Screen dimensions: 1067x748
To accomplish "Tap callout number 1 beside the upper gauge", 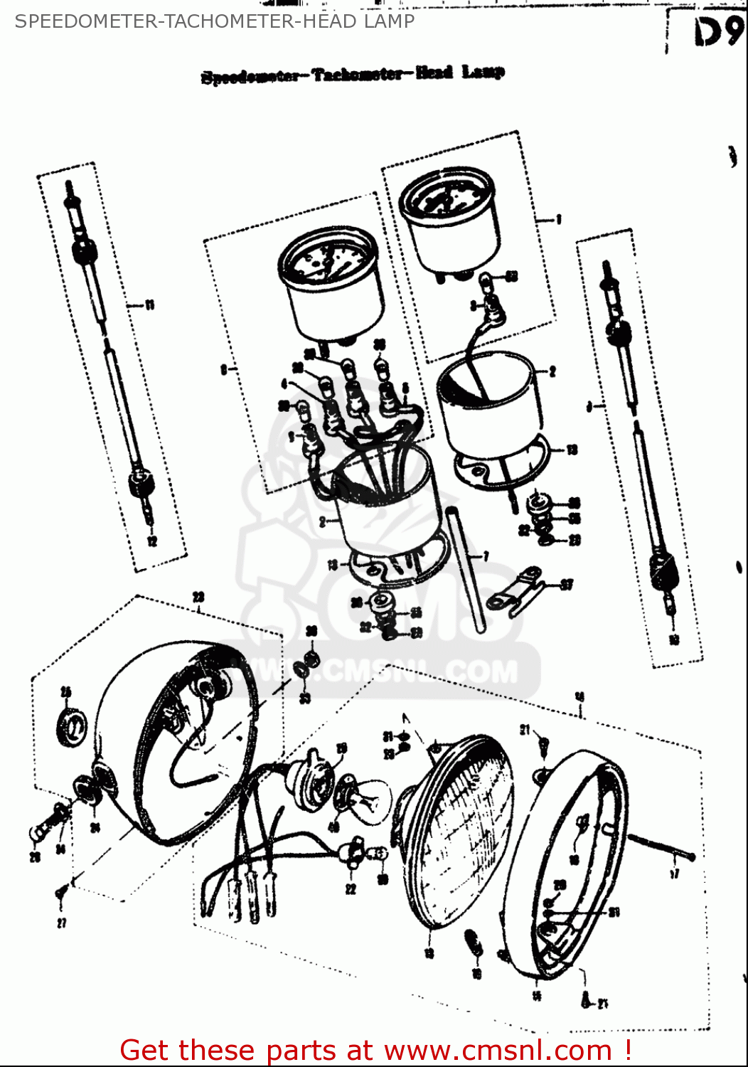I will point(559,220).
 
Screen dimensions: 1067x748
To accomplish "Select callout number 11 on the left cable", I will point(149,305).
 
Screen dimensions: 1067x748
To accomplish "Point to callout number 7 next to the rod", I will point(486,556).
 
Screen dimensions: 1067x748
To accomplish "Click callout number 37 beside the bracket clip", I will point(567,585).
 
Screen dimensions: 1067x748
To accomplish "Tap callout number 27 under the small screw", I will point(62,923).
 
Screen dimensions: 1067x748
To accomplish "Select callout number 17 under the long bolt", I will point(674,874).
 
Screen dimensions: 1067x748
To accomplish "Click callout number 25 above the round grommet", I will point(66,691).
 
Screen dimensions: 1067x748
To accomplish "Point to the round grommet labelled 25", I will point(72,727).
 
